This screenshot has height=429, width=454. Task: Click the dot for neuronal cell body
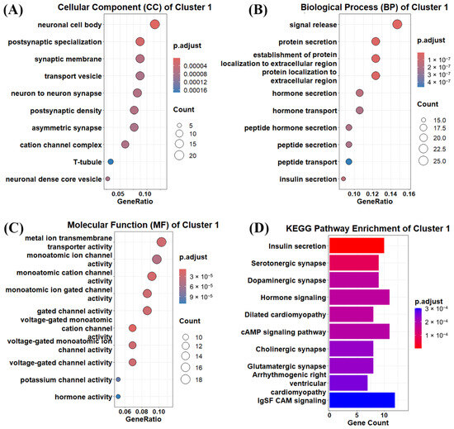(x=155, y=24)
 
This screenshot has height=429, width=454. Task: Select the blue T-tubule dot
(x=111, y=162)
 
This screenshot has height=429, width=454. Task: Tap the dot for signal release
(x=397, y=24)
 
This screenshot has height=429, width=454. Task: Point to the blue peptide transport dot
(x=349, y=162)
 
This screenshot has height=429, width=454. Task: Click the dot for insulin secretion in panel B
(x=343, y=179)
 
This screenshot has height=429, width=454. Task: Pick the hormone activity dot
(x=118, y=397)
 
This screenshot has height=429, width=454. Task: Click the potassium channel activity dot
(x=118, y=379)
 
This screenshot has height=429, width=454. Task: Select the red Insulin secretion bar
(x=357, y=245)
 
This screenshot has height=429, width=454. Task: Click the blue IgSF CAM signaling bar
(x=362, y=400)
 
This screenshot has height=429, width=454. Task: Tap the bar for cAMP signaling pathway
(x=359, y=331)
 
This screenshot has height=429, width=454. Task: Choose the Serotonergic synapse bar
(x=354, y=263)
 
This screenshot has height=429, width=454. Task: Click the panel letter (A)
(x=12, y=10)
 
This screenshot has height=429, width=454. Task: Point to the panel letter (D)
(x=259, y=228)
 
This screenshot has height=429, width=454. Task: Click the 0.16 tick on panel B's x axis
(x=409, y=193)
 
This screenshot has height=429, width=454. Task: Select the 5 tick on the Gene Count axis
(x=357, y=415)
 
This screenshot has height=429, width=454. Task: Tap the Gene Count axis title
(x=368, y=422)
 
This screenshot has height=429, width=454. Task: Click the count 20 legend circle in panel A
(x=179, y=155)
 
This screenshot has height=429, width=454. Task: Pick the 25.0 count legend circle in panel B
(x=423, y=160)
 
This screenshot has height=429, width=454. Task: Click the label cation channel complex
(x=61, y=145)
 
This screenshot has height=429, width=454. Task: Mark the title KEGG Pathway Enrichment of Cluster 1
(x=367, y=229)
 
